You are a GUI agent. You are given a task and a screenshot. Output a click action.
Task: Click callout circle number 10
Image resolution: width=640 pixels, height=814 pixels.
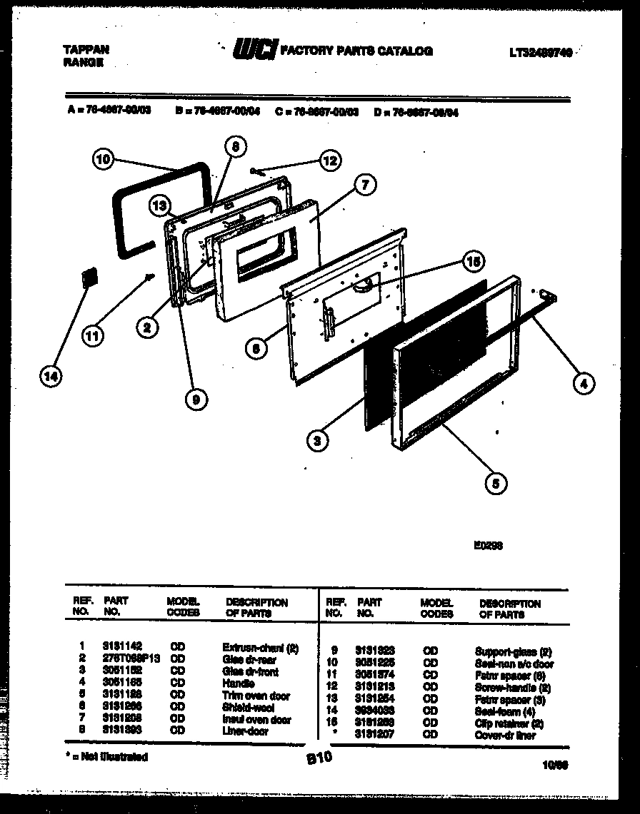[104, 161]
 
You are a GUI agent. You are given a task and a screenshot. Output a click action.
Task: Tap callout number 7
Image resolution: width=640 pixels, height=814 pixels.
[364, 185]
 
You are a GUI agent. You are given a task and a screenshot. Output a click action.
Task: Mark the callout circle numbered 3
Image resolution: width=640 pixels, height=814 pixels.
[316, 441]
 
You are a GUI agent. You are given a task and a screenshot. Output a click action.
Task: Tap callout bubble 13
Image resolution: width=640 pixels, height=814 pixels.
[160, 207]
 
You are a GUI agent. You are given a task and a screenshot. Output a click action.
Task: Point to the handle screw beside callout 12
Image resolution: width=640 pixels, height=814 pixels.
[259, 170]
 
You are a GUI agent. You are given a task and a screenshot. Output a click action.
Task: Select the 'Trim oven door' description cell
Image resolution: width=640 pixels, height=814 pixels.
[256, 696]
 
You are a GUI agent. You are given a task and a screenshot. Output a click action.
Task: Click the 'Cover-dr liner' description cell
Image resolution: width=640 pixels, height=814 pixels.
[504, 735]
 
